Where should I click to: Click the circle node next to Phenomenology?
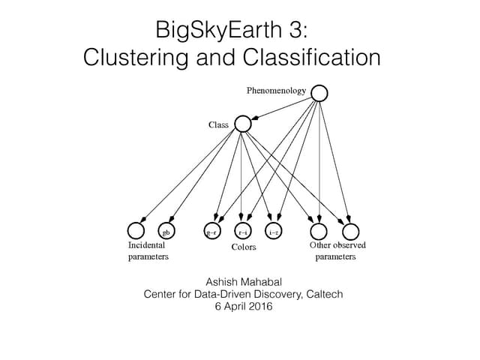click(319, 93)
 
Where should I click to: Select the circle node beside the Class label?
click(243, 124)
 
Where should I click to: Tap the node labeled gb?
click(167, 232)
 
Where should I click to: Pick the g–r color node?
click(213, 232)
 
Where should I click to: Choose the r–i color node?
click(243, 232)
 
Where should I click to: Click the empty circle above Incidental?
click(136, 232)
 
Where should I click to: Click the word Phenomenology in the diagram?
click(277, 91)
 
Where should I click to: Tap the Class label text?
click(218, 124)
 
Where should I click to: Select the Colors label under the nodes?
click(243, 247)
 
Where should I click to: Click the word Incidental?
click(146, 245)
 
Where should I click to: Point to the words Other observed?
click(337, 245)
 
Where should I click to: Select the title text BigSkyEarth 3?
click(231, 30)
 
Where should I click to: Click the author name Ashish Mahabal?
click(243, 281)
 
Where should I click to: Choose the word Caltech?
click(324, 294)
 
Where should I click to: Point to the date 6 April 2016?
click(243, 307)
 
